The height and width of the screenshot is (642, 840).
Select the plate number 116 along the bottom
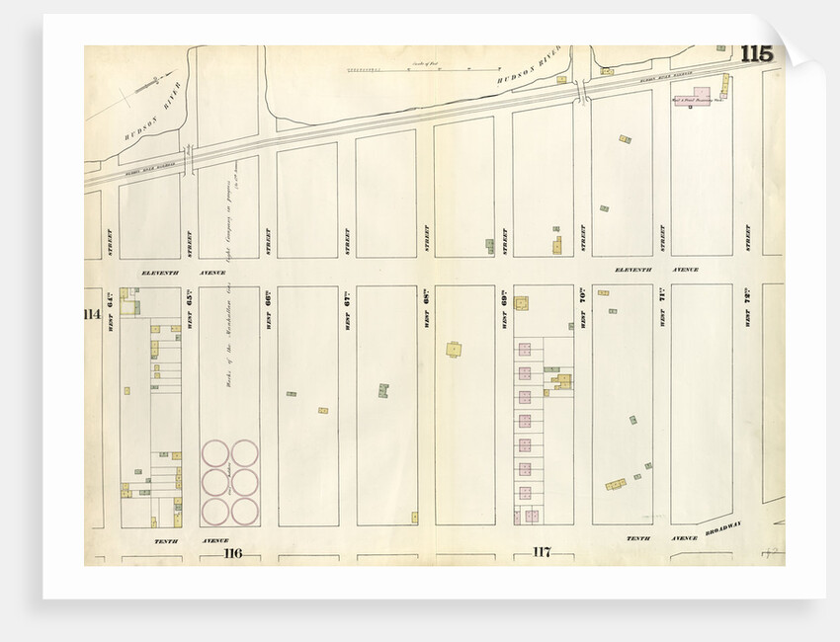[x=232, y=552]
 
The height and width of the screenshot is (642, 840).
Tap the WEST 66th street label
[x=267, y=310]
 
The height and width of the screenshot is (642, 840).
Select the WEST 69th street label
[x=503, y=310]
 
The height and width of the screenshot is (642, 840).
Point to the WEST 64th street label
[x=110, y=310]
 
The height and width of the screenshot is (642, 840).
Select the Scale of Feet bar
[x=415, y=70]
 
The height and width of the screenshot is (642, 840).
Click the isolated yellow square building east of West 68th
[x=453, y=348]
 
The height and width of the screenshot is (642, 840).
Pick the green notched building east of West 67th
[x=381, y=390]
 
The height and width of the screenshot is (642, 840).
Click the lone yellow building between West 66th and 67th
[x=323, y=410]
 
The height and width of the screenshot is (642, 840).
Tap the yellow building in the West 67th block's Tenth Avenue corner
[x=413, y=517]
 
